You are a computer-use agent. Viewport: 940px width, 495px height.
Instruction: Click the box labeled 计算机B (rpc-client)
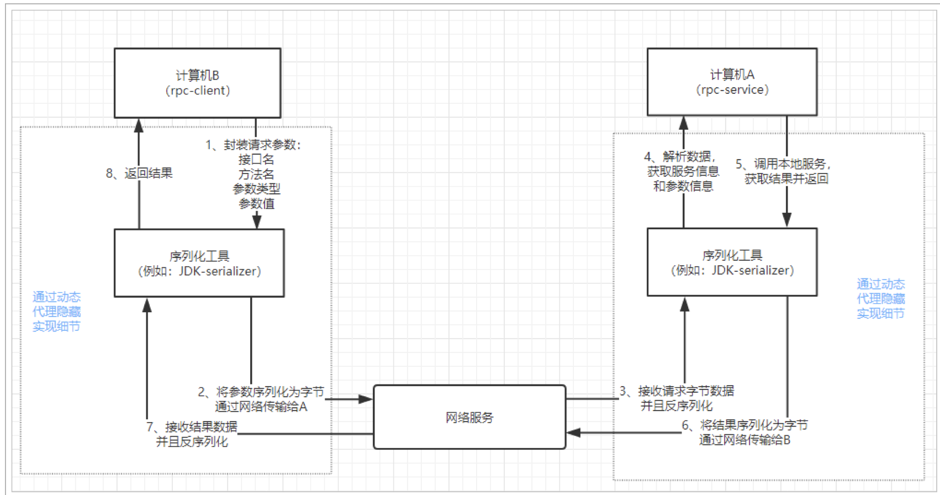click(197, 83)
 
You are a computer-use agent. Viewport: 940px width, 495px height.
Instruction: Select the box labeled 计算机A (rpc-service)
click(732, 82)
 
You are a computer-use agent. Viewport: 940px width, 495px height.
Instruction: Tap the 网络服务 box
click(469, 417)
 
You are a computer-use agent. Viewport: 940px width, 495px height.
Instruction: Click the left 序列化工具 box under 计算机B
click(199, 263)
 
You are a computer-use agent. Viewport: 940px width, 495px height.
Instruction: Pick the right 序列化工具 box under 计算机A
click(732, 262)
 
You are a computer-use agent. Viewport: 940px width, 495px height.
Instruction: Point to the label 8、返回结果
click(139, 173)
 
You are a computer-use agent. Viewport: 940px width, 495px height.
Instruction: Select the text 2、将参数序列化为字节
click(261, 392)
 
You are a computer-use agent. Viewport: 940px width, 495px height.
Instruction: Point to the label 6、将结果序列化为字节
click(745, 425)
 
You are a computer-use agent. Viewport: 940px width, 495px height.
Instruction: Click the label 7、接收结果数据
click(192, 426)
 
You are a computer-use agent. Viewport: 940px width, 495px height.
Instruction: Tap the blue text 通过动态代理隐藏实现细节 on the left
click(56, 312)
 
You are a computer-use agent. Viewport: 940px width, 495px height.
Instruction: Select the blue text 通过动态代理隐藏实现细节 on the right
click(880, 299)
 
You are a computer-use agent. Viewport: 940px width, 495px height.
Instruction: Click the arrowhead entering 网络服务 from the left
click(366, 399)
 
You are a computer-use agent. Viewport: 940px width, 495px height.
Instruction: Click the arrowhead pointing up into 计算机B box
click(139, 125)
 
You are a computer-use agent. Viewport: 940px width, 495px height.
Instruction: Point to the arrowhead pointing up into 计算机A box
click(684, 123)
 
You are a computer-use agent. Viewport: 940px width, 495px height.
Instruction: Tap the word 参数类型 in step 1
click(256, 189)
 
